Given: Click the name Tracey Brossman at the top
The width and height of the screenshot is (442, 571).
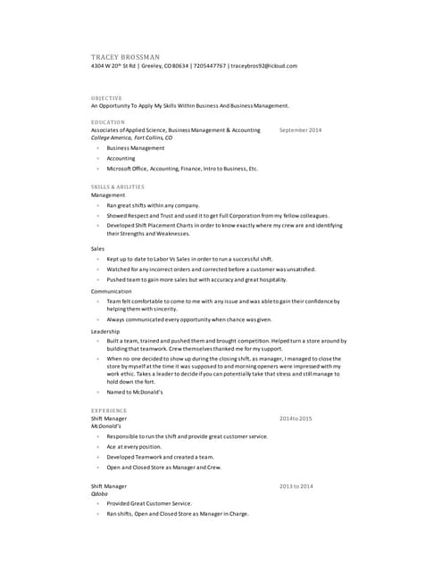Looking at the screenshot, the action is [125, 57].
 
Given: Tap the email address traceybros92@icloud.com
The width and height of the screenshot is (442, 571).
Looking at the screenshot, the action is [263, 66].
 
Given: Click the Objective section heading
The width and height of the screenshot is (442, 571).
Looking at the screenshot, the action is [107, 97].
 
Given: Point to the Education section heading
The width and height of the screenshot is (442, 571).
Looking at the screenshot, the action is [108, 122].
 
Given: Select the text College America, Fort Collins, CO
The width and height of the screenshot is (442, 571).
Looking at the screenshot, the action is [131, 138].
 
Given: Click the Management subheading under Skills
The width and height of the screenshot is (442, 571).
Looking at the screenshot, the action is [108, 194].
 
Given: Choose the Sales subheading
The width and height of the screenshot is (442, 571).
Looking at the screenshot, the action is [97, 248].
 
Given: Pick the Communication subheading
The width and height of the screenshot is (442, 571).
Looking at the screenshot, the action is [112, 291].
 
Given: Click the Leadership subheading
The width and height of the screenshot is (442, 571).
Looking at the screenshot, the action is [105, 331].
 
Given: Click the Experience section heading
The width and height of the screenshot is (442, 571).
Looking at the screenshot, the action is [109, 410].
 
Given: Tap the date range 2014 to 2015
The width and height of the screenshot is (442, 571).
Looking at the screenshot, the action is [296, 418].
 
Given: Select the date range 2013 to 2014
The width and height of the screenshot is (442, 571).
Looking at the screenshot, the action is [296, 486].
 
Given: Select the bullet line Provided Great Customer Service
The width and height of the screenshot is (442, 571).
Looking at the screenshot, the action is [148, 503].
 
